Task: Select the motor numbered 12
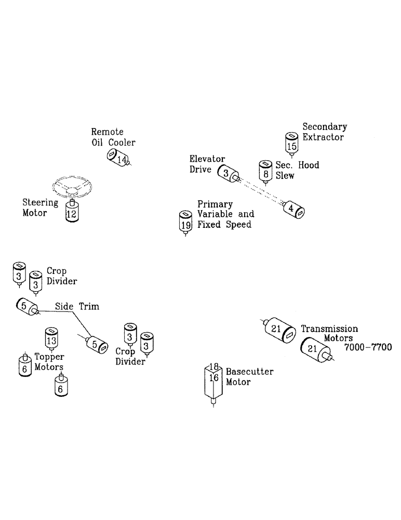point(73,212)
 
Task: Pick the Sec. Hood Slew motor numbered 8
point(265,171)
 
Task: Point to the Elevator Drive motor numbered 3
point(227,174)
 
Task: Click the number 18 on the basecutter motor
point(214,367)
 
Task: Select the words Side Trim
point(77,307)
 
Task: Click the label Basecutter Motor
point(249,377)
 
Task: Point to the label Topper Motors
point(49,361)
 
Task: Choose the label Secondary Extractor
point(324,132)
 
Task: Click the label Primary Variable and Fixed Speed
point(225,214)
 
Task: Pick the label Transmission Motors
point(329,333)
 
